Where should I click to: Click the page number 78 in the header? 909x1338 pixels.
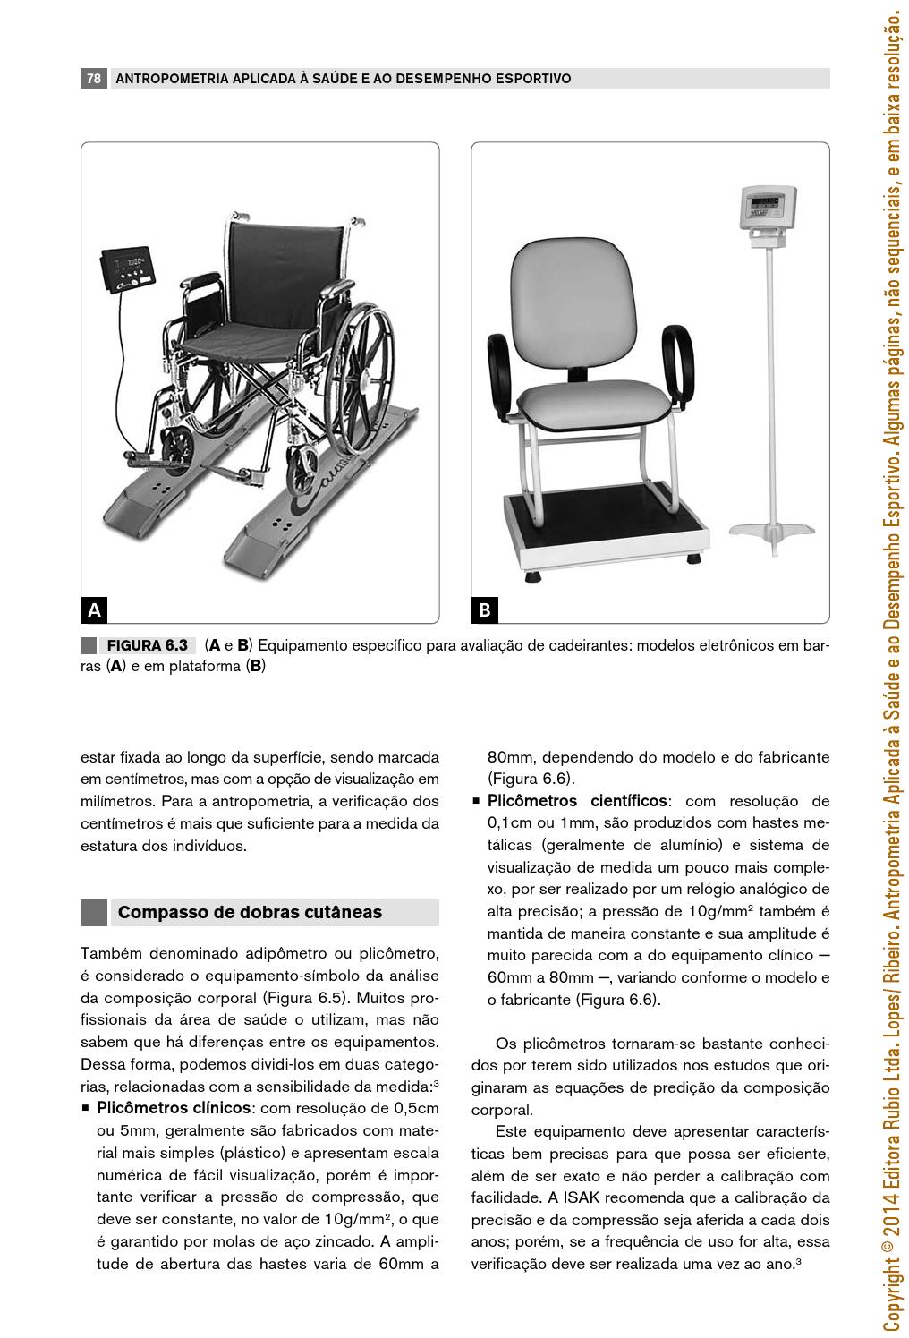pos(93,79)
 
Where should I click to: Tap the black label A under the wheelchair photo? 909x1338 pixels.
pos(94,610)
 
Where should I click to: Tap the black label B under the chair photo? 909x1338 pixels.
pos(484,610)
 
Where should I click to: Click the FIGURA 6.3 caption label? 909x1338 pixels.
pos(147,645)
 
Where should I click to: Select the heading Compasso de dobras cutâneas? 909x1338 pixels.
pos(250,913)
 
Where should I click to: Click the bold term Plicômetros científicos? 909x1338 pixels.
pos(577,800)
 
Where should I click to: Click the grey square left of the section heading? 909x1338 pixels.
pos(94,913)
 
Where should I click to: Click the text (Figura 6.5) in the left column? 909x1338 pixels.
pos(300,997)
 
